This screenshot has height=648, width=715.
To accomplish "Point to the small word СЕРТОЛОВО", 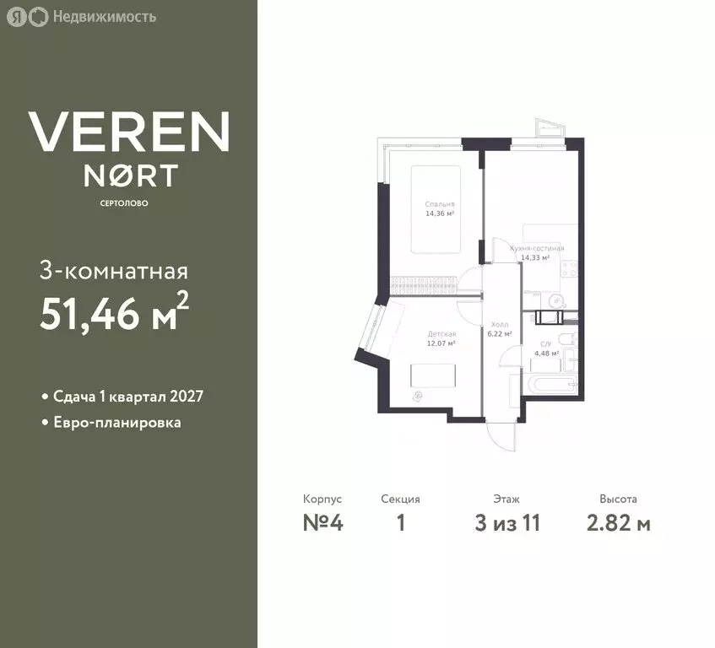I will (129, 202).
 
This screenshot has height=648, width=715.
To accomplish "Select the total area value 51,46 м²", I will (113, 314).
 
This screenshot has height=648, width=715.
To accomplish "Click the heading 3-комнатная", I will (113, 272).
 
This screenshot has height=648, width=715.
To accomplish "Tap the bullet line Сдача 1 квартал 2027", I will (127, 397).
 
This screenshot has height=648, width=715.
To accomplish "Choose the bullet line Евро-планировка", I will (115, 422).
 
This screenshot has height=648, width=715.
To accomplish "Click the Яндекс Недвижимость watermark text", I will (103, 16).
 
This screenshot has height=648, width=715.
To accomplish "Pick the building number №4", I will (323, 523).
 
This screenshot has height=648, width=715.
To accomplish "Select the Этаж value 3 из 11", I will (507, 523).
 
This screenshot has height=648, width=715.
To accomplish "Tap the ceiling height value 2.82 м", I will (618, 523).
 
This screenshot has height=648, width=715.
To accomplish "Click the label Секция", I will (400, 499).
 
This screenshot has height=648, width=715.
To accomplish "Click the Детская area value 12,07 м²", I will (441, 343).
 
